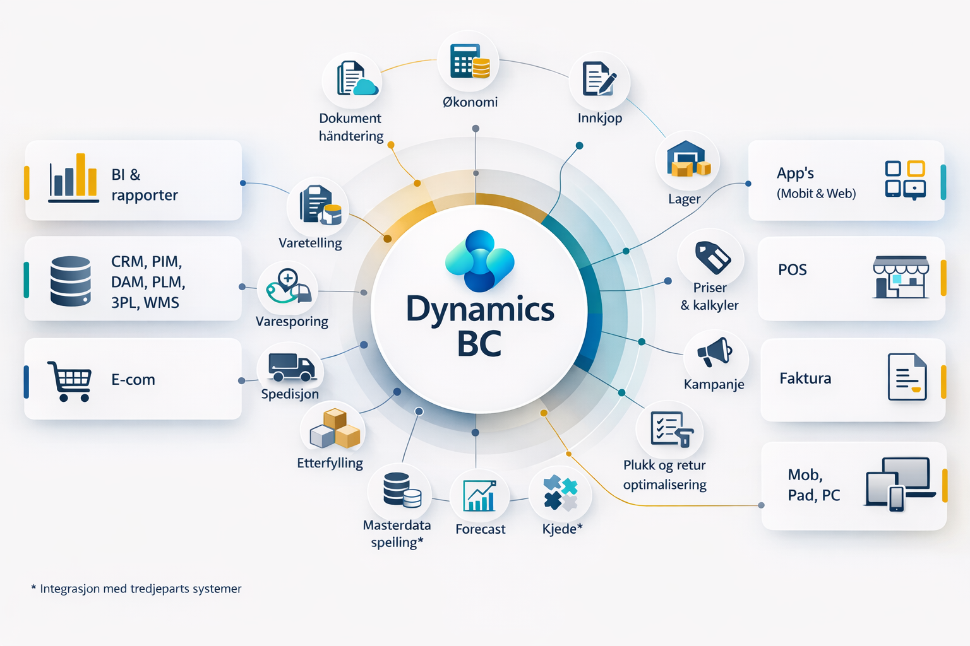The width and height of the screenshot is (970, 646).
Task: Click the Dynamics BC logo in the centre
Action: point(480,261)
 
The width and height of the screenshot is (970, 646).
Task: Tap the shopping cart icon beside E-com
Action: point(69,380)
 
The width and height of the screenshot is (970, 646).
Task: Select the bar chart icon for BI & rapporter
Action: point(73,178)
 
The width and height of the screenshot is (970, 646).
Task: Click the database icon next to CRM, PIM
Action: point(70,281)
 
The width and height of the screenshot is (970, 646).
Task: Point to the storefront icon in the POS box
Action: point(901,277)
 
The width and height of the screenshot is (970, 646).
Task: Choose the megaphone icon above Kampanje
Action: point(715,353)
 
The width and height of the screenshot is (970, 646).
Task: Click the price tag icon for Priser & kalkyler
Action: point(712,256)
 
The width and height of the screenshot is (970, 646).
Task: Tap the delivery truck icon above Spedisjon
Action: point(291,367)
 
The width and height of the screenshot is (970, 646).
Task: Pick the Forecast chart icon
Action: point(480,496)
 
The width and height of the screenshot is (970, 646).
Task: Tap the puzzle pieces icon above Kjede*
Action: point(560,493)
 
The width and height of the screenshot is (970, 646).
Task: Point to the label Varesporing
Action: point(292,322)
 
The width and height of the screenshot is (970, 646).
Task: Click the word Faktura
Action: point(805,379)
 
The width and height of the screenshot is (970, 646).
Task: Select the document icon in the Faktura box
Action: point(907,377)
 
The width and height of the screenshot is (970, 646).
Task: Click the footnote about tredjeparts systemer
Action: point(136,589)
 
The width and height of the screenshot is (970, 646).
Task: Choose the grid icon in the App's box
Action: point(905,180)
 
